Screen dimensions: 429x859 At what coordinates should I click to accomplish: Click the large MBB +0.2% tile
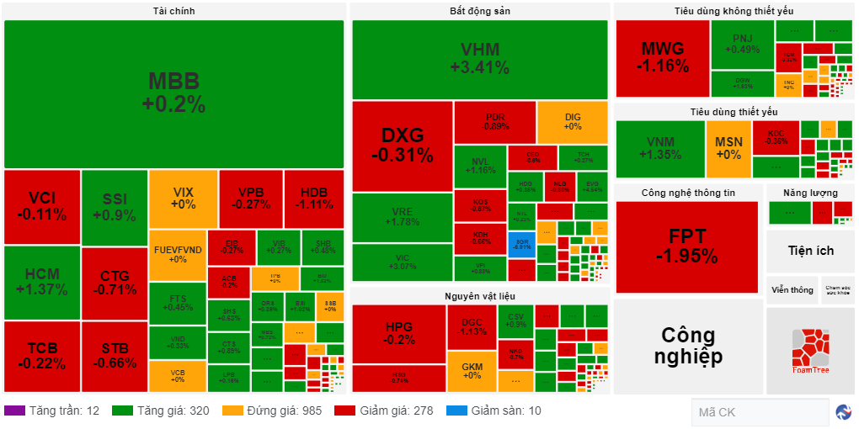pos(173,93)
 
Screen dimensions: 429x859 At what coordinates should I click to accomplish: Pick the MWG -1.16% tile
pos(662,57)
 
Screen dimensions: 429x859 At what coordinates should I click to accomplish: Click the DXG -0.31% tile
pos(402,145)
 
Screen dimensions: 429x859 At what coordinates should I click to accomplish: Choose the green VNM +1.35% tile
pos(659,148)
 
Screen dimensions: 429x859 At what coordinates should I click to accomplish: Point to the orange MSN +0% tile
pos(728,148)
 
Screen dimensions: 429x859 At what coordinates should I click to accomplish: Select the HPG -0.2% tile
pos(398,333)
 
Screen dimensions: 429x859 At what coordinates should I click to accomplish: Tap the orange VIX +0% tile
pos(183,199)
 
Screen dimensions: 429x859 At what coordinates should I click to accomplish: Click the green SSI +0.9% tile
pos(115,207)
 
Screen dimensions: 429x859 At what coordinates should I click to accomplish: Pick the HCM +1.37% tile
pos(41,283)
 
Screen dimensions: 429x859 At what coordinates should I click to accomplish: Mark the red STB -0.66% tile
pos(115,356)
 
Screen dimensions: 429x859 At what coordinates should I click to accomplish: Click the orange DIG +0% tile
pos(572,122)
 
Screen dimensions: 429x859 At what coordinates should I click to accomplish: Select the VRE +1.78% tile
pos(402,217)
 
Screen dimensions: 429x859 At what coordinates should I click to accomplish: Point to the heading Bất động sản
pos(479,11)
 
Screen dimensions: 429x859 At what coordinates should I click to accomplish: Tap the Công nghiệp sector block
pos(687,346)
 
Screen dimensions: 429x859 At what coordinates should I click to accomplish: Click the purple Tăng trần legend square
pos(14,410)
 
